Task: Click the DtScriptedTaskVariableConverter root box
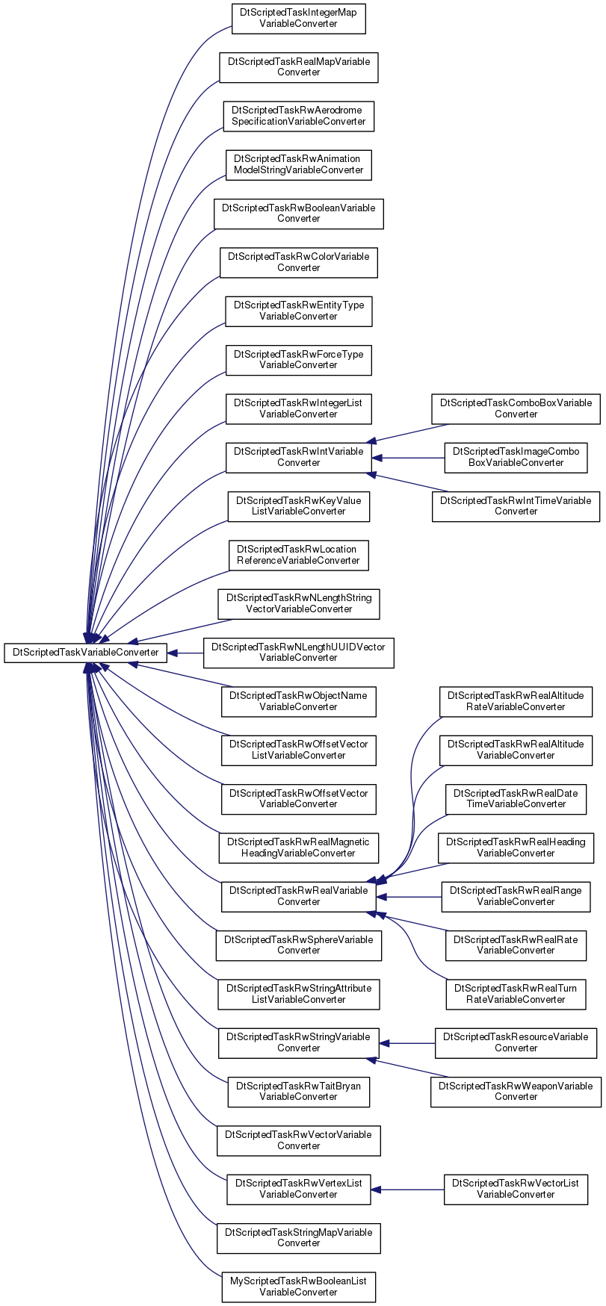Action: point(85,653)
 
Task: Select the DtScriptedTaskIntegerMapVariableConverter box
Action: point(298,19)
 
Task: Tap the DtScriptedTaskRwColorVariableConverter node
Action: point(298,262)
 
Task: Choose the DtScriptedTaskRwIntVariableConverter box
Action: point(298,457)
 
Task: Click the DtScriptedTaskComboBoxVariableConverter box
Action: point(516,408)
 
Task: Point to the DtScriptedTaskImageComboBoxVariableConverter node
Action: point(516,457)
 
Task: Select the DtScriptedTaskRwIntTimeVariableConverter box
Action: point(516,506)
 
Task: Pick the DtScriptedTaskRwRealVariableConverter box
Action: point(298,896)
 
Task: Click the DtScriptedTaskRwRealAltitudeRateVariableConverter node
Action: point(516,701)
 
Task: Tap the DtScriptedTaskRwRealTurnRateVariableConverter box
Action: point(516,994)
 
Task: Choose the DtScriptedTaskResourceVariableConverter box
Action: point(516,1042)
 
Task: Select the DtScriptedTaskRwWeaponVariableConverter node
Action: point(516,1092)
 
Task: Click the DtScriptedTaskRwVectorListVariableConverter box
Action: point(516,1189)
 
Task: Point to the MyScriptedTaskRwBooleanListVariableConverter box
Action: point(298,1287)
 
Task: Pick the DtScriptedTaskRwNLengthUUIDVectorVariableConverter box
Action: point(298,653)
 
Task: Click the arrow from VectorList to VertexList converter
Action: point(408,1189)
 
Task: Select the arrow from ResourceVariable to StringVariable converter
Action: point(407,1042)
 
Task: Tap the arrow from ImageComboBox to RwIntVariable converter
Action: point(408,457)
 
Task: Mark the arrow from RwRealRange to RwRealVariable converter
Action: point(409,896)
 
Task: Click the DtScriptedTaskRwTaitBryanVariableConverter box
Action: point(298,1092)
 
